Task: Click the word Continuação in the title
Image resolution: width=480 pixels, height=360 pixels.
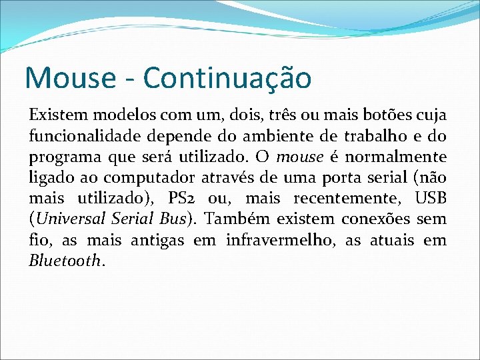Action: click(227, 77)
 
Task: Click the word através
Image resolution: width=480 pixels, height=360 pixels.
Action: click(229, 178)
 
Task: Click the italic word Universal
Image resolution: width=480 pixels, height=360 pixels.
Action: click(67, 219)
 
